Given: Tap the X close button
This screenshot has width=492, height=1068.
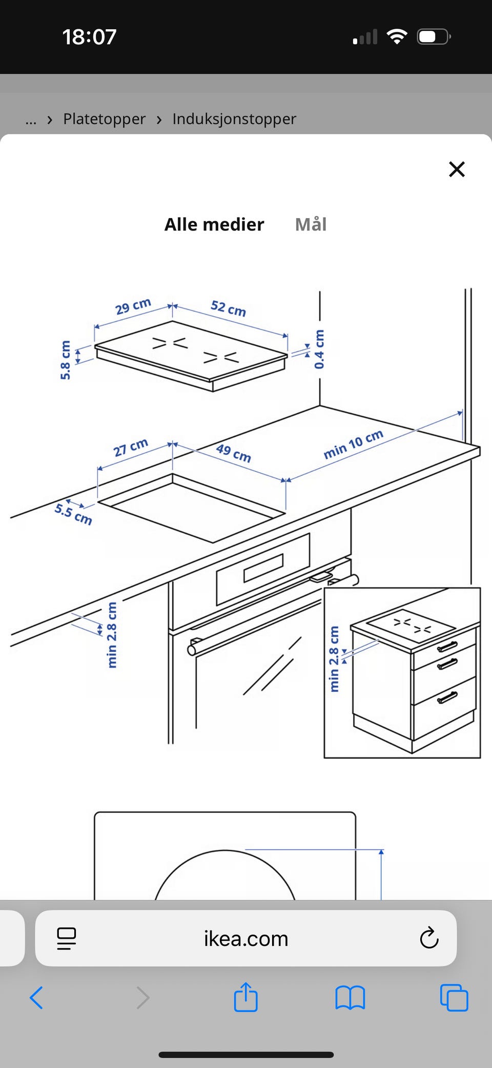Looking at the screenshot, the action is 457,169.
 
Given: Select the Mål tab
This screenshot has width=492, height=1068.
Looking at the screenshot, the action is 311,224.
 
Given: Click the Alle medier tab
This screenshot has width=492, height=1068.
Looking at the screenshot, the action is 214,224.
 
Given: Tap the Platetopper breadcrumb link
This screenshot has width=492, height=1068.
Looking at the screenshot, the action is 104,119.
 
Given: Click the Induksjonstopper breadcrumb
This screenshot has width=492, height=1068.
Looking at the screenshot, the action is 234,119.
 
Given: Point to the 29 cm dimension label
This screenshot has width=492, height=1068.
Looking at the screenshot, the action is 133,306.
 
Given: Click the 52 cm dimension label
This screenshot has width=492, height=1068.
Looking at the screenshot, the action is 229,308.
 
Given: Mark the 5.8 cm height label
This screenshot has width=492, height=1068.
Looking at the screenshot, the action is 65,360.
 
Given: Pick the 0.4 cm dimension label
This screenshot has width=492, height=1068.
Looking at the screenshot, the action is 319,349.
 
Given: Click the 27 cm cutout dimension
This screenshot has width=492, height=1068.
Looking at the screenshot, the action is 131,447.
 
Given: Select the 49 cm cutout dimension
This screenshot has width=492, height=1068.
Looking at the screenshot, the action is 234,453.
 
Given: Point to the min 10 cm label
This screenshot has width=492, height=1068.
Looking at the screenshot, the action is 354,444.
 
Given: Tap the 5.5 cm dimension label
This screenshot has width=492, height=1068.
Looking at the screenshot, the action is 73,514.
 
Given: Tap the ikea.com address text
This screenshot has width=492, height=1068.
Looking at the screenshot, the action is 246,939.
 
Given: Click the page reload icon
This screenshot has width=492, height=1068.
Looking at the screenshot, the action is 429,938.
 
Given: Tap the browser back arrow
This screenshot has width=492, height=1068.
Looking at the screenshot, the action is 36,998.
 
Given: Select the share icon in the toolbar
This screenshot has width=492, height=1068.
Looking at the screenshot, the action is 245,997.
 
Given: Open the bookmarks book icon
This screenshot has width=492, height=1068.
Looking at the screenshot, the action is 350,998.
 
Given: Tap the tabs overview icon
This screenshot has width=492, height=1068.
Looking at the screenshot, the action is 454,998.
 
